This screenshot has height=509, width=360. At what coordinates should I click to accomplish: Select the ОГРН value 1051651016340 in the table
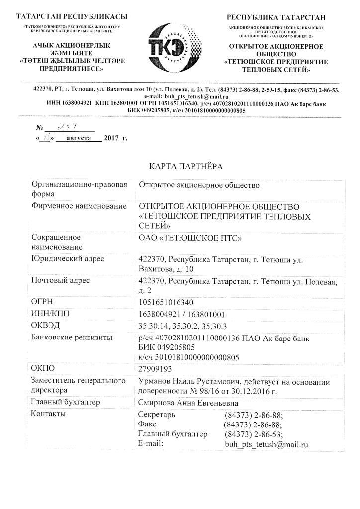(166, 302)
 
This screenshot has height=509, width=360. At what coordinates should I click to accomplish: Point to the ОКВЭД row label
(46, 325)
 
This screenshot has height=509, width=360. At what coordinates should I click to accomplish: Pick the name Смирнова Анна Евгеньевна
(188, 403)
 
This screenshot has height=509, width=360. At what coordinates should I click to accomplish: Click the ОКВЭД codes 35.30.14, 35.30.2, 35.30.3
(182, 326)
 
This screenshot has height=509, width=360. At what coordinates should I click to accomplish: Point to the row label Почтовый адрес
(60, 280)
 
